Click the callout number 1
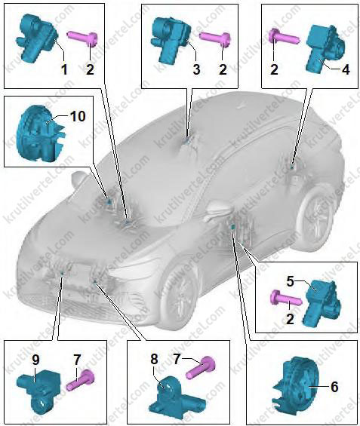64,70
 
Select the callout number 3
196,69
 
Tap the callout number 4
345,70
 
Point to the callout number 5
291,282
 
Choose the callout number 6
334,386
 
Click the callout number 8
154,359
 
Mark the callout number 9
35,360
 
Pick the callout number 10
78,116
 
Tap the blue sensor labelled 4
325,49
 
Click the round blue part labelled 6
295,388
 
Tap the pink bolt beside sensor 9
81,380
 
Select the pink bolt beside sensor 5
285,299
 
